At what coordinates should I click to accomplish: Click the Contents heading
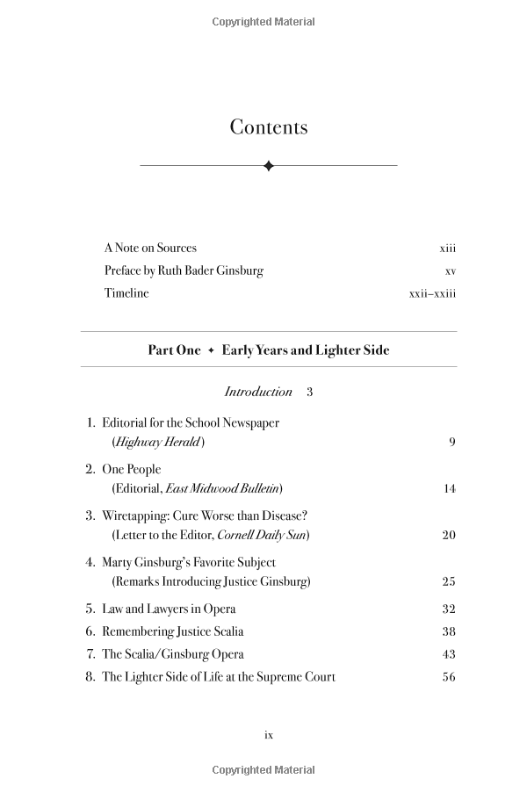[x=269, y=127]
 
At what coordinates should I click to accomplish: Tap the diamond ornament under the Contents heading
[x=269, y=165]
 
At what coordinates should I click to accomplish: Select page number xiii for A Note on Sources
[x=448, y=249]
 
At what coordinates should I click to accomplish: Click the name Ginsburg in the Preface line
[x=235, y=270]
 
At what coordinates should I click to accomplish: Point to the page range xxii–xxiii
[x=432, y=293]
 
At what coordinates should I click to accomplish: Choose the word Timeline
[x=126, y=293]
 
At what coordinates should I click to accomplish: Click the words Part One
[x=174, y=350]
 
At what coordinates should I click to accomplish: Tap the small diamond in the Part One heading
[x=211, y=350]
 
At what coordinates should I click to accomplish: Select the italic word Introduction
[x=258, y=392]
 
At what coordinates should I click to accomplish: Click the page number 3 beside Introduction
[x=310, y=392]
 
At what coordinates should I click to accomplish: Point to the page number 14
[x=450, y=488]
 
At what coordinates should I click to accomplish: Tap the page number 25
[x=450, y=581]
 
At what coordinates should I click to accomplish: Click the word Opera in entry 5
[x=219, y=609]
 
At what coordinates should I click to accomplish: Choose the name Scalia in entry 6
[x=224, y=631]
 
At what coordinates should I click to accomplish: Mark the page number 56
[x=450, y=677]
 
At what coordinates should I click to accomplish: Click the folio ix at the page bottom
[x=269, y=735]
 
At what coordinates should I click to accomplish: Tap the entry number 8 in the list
[x=90, y=677]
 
